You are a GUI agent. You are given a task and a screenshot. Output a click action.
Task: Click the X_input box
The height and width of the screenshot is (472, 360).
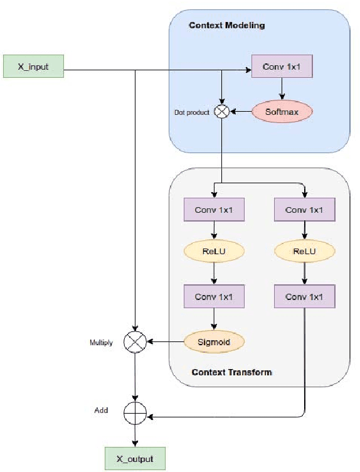click(x=34, y=67)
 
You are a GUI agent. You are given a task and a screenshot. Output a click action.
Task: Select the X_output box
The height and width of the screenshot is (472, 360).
click(x=135, y=458)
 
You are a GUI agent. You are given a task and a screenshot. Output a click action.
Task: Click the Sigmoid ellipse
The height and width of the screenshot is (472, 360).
click(x=214, y=342)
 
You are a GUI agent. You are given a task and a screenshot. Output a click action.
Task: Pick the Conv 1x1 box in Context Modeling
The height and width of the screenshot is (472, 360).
click(x=282, y=67)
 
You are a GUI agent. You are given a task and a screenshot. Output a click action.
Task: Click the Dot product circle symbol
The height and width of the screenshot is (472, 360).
click(x=221, y=112)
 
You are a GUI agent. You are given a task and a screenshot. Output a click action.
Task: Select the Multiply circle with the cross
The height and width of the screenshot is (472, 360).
click(x=135, y=342)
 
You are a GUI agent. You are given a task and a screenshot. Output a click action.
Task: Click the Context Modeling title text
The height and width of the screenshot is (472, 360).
click(x=227, y=26)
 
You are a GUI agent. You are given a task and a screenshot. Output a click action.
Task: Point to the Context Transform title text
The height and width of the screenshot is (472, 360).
click(x=231, y=372)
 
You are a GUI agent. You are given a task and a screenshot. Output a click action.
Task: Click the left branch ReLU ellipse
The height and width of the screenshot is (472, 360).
click(x=214, y=251)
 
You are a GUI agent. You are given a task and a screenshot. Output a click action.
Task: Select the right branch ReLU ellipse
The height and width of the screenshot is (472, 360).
click(x=304, y=251)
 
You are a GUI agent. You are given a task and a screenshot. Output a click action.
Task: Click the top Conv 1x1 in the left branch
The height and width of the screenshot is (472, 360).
click(x=214, y=210)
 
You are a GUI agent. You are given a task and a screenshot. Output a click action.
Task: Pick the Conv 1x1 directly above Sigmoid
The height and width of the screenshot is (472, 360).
click(x=214, y=296)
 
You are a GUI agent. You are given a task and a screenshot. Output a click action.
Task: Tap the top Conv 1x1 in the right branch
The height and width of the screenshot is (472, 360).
click(x=304, y=210)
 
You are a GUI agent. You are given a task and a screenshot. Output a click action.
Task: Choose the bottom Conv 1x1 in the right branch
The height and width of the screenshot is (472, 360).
click(x=304, y=296)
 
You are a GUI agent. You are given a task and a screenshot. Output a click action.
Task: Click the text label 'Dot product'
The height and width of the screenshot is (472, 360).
click(x=191, y=113)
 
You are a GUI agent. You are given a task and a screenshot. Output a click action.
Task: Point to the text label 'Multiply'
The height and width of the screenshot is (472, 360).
click(x=101, y=343)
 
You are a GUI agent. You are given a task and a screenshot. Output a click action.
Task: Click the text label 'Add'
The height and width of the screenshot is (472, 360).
click(x=101, y=410)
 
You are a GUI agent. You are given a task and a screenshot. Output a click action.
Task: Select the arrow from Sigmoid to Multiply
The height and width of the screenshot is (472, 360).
click(x=166, y=342)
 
